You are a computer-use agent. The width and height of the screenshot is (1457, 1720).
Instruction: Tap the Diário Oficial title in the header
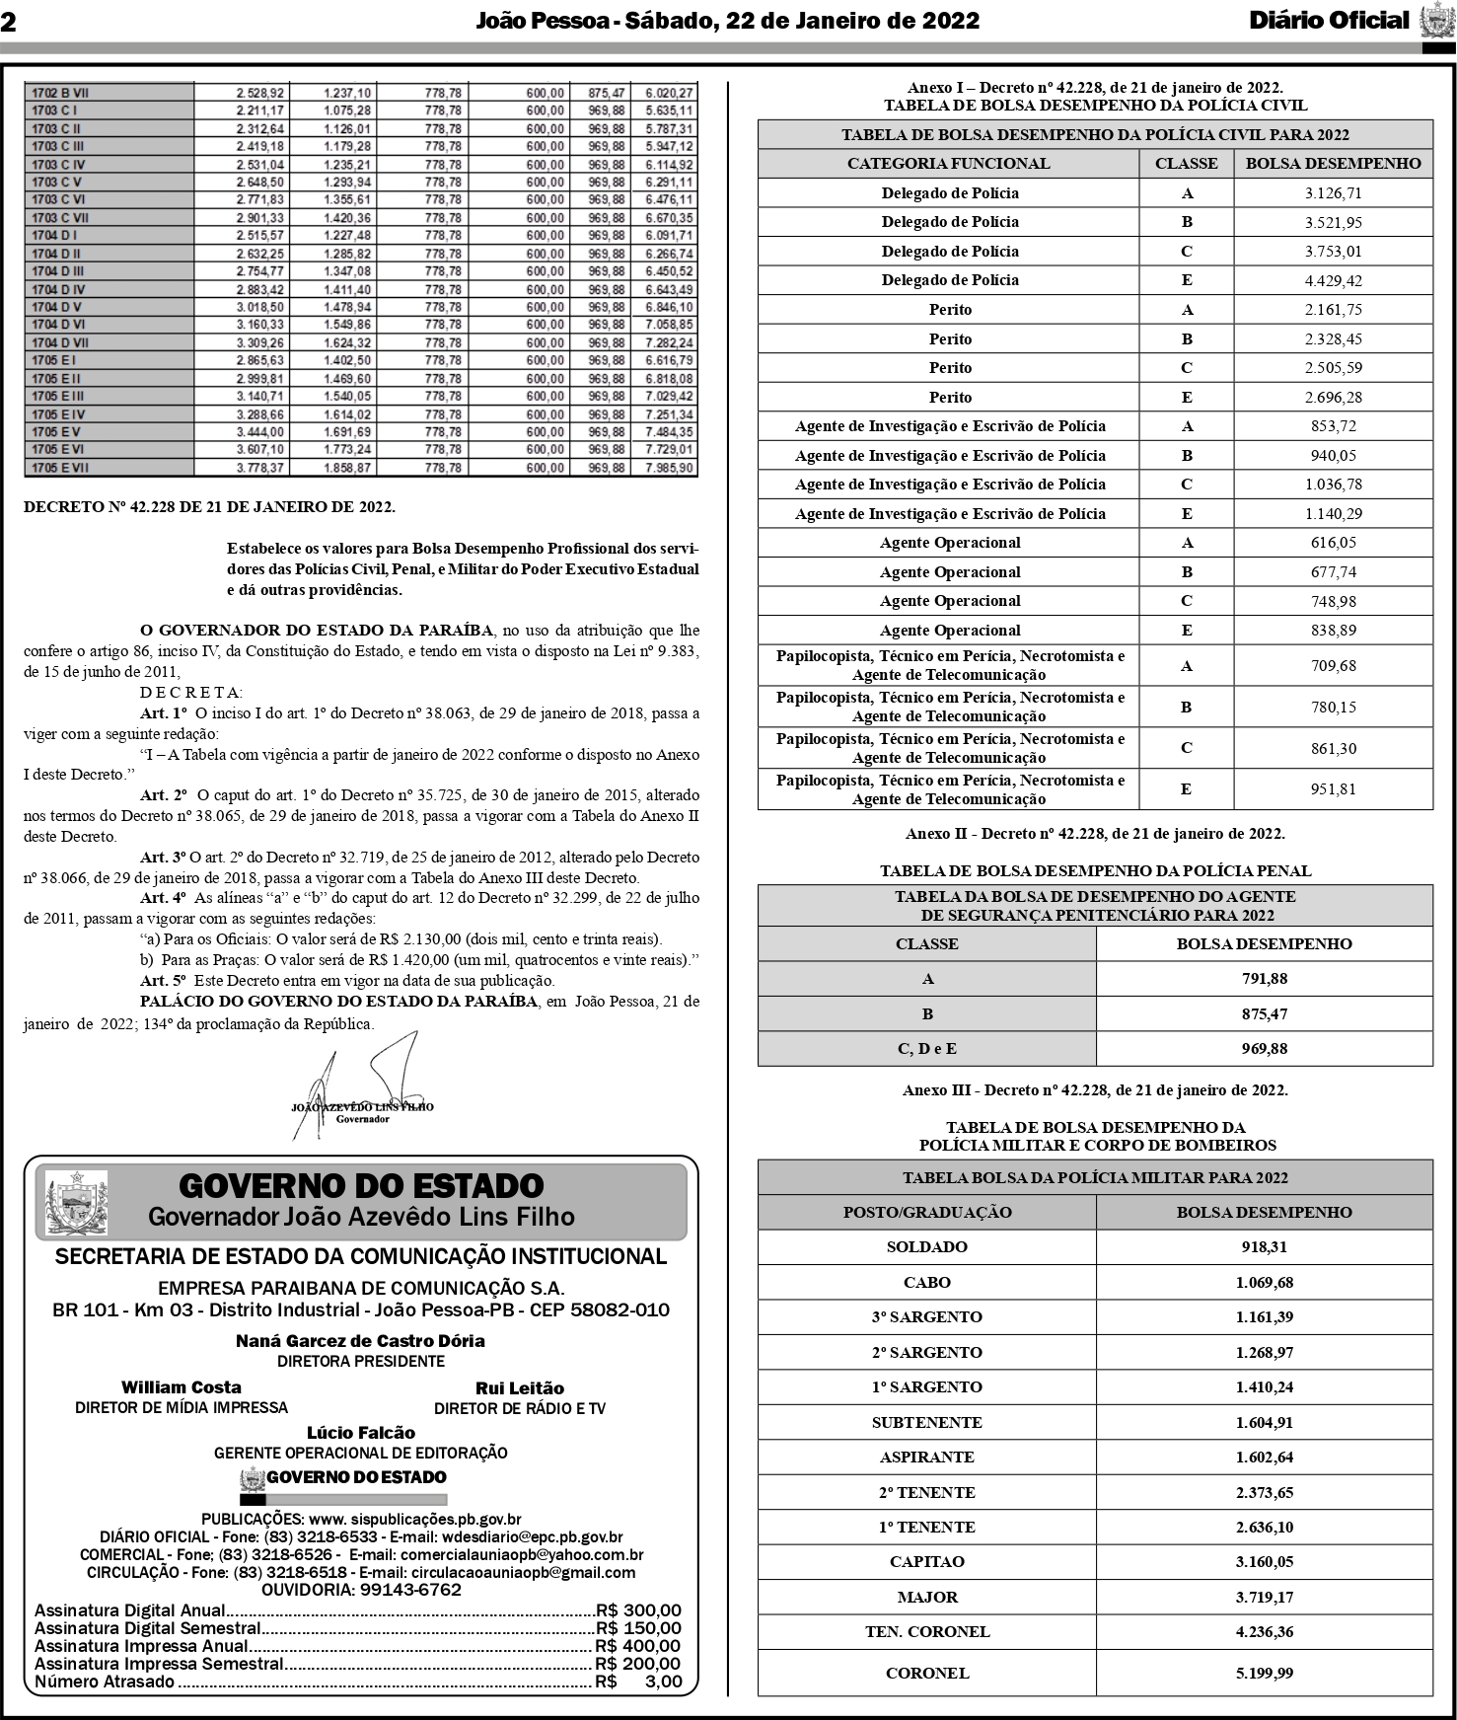click(1329, 21)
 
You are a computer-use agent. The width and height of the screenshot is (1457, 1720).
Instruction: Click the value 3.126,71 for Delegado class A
click(1333, 193)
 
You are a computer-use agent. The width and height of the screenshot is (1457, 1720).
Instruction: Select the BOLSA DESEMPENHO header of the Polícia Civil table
click(1333, 164)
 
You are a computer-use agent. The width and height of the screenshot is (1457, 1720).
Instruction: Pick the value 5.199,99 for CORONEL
click(1264, 1673)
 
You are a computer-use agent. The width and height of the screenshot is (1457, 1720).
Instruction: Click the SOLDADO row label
click(926, 1247)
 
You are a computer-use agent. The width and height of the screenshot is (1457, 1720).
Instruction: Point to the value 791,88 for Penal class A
click(1264, 979)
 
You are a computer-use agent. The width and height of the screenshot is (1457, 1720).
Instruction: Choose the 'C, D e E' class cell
click(926, 1049)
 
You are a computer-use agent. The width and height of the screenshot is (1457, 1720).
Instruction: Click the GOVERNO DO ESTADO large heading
click(361, 1185)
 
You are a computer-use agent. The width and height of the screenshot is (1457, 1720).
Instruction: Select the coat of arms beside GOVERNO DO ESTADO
click(76, 1202)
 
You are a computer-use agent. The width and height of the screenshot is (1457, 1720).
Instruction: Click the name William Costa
click(181, 1387)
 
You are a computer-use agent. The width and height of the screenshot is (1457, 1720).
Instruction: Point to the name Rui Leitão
click(519, 1388)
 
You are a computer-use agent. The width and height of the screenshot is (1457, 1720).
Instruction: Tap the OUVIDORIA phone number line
click(361, 1590)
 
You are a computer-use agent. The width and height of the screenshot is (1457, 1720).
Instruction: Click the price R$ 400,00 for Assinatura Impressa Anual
click(637, 1646)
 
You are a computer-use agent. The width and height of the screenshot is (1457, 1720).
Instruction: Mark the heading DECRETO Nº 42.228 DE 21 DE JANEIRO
click(209, 507)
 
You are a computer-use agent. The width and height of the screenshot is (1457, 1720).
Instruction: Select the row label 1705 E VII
click(61, 468)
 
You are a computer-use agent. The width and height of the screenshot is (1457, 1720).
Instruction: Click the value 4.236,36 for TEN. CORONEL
click(1264, 1632)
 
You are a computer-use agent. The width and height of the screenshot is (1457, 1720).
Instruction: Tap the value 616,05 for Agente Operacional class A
click(1333, 543)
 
